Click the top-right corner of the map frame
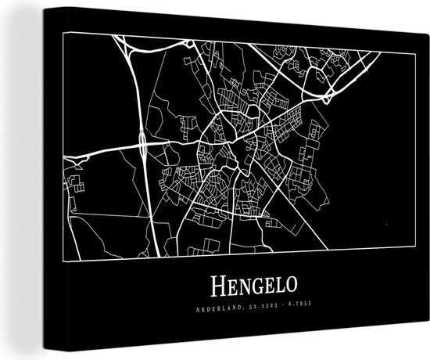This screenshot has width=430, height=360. click(x=380, y=53)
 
